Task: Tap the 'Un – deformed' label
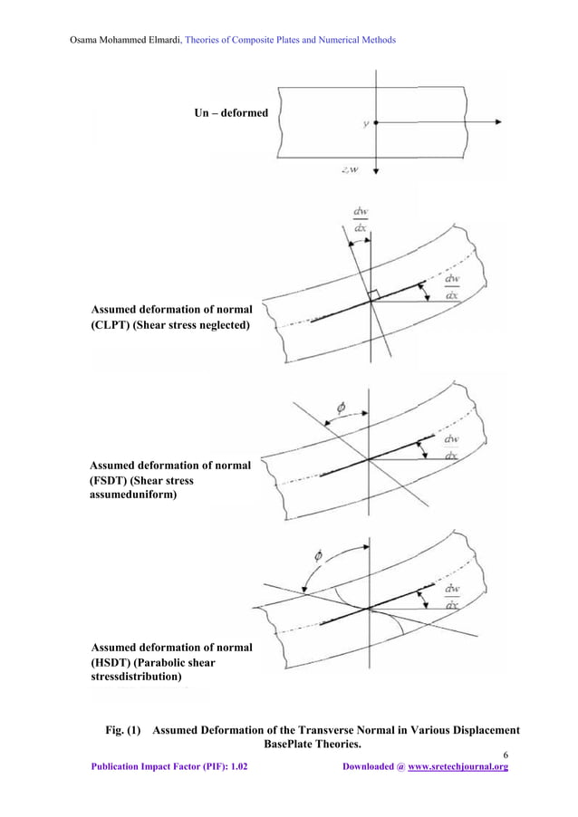tap(231, 113)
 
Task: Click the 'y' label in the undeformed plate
tap(365, 124)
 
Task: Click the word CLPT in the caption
tap(111, 325)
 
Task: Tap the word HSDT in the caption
tap(111, 662)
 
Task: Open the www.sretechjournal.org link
tap(458, 767)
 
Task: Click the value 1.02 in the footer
tap(236, 767)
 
